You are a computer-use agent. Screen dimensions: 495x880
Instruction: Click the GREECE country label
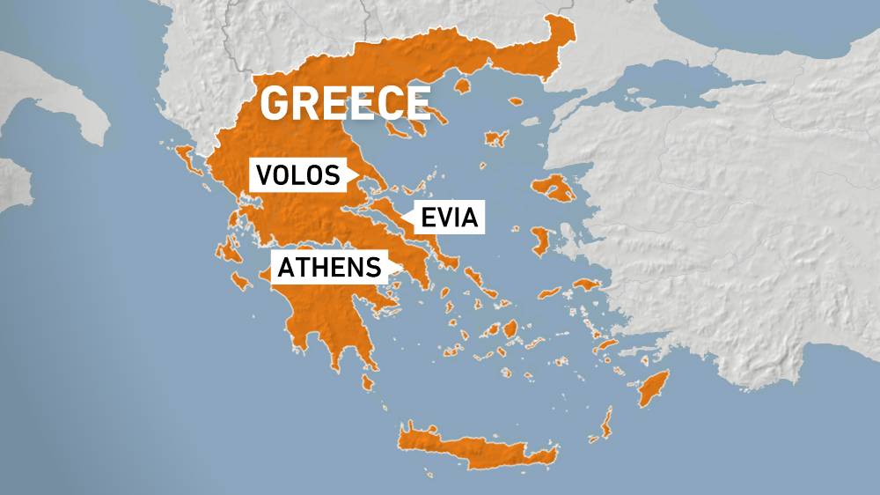coord(345,103)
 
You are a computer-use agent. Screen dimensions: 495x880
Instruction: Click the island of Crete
coord(475,445)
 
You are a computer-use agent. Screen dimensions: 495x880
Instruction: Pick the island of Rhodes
coord(654,388)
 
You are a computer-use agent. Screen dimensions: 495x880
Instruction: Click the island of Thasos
coord(459,86)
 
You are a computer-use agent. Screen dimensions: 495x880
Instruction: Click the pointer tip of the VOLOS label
coord(356,176)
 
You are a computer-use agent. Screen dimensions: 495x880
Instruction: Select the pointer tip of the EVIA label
coord(402,217)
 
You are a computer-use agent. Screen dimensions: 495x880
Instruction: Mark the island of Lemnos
coord(495,138)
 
